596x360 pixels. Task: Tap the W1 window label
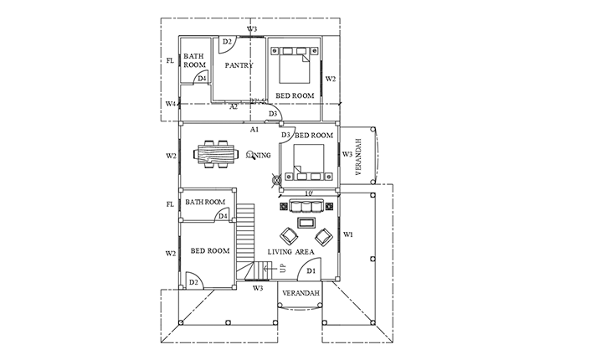tap(347, 234)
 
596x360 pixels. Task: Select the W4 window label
tap(171, 104)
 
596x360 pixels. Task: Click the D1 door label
tap(310, 270)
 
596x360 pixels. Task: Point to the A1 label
tap(254, 130)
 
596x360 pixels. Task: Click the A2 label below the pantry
tap(234, 106)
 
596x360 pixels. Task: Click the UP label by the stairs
tap(283, 269)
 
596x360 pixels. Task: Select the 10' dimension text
tap(308, 194)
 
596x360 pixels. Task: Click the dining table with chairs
tap(216, 155)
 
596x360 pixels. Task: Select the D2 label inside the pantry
tap(226, 42)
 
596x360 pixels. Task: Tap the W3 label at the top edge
tap(252, 30)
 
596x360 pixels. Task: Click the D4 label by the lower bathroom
tap(223, 215)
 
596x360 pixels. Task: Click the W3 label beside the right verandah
tap(347, 154)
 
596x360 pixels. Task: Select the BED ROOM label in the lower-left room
tap(209, 250)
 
